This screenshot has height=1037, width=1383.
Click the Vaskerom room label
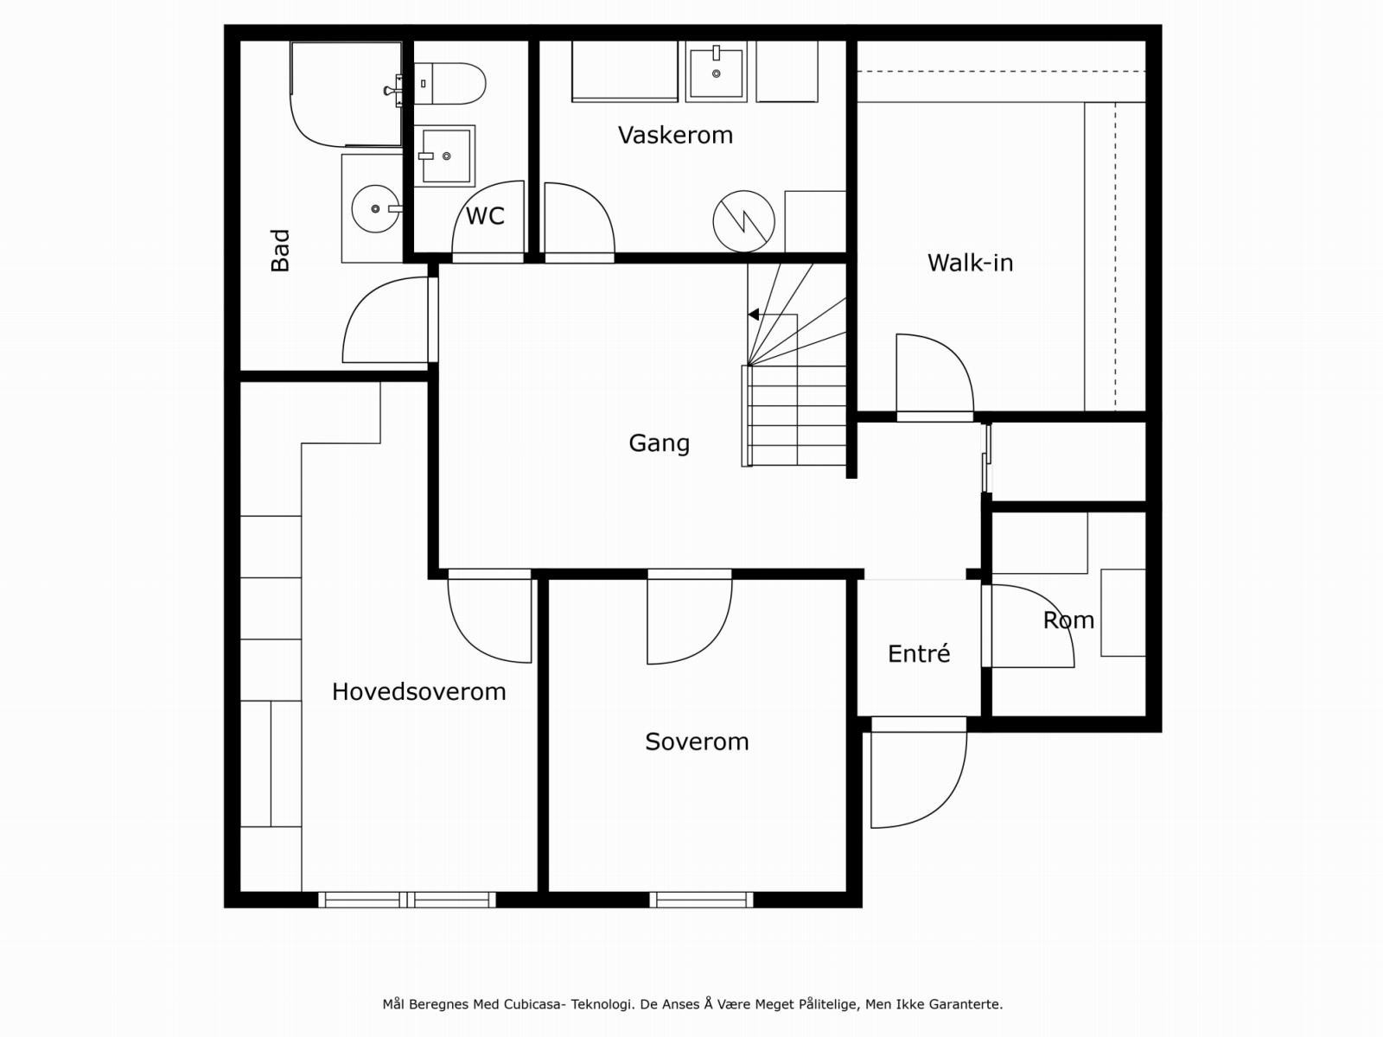click(675, 136)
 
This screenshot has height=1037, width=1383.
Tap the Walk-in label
click(970, 263)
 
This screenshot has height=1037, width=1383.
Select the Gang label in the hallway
click(659, 443)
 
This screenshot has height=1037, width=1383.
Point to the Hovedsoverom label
click(419, 691)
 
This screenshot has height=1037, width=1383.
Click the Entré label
click(919, 653)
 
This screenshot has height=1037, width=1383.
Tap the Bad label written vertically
click(280, 250)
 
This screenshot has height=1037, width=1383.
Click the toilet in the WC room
click(449, 84)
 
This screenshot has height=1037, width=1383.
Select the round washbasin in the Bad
click(376, 208)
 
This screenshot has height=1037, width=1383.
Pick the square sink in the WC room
click(445, 156)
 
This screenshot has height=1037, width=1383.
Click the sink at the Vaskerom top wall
click(716, 71)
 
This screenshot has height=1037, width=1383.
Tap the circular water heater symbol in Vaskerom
click(743, 221)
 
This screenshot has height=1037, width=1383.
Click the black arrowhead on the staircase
click(753, 315)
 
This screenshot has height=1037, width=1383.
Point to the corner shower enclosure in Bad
click(346, 94)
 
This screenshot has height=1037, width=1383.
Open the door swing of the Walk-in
click(935, 377)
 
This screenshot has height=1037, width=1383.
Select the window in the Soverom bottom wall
click(701, 900)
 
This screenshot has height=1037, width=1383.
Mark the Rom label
click(1068, 620)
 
